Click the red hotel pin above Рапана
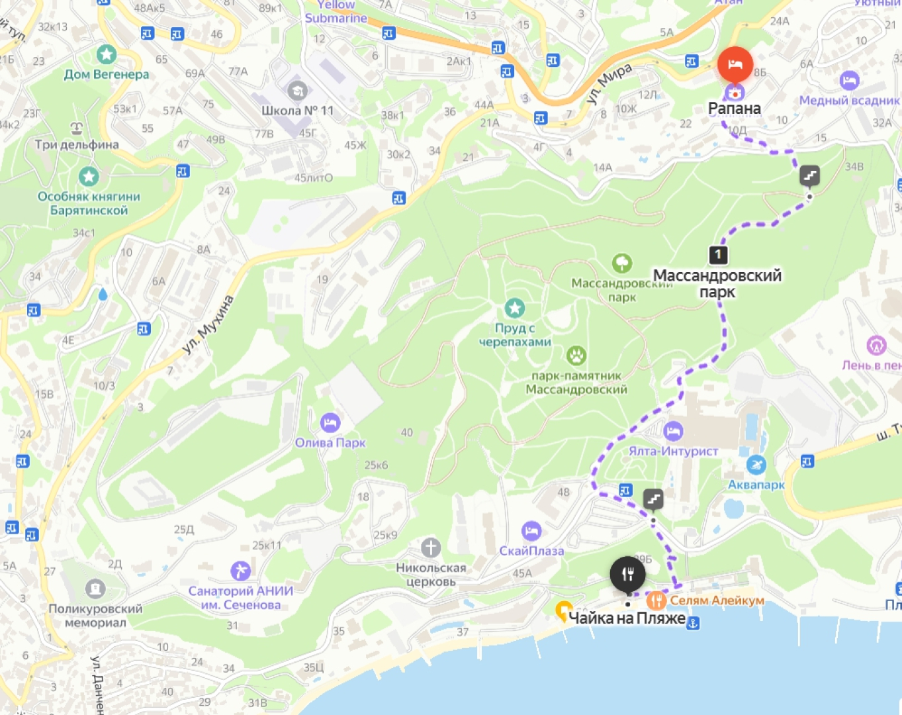735,65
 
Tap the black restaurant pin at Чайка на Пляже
627,574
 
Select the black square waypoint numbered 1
718,254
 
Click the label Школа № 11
297,111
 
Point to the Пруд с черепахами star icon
514,308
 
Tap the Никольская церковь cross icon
431,548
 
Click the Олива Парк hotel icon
330,422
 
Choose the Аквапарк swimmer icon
756,465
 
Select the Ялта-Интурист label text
673,451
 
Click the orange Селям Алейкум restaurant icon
656,600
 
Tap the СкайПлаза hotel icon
531,531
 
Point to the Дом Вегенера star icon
106,54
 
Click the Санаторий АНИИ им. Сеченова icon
240,571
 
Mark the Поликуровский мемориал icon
95,588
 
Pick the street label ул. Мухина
208,324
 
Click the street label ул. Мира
609,84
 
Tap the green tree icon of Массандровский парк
621,263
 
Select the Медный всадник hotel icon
849,81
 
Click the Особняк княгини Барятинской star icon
89,177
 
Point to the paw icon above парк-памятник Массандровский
576,356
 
